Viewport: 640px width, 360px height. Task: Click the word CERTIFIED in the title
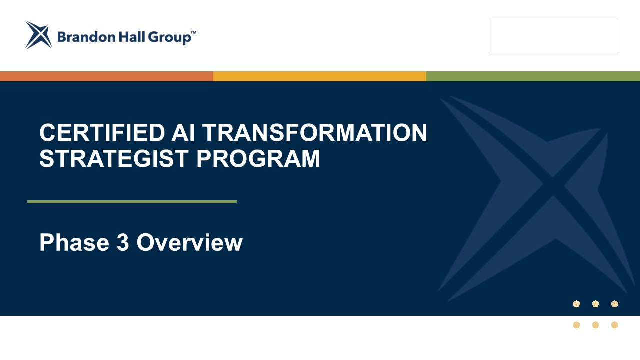102,132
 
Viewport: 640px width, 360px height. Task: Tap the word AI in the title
183,132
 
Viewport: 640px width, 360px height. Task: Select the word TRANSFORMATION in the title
315,132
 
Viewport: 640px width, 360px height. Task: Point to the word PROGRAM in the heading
258,159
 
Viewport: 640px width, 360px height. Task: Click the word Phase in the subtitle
74,242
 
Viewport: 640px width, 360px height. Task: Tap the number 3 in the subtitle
123,242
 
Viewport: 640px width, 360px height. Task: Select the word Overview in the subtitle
190,242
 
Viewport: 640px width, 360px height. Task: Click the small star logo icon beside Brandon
39,35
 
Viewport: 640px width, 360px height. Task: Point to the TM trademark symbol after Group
193,32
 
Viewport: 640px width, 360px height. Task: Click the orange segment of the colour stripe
106,76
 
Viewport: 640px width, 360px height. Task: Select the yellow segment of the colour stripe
320,76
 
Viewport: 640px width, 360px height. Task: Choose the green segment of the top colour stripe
533,76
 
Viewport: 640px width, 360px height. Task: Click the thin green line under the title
132,201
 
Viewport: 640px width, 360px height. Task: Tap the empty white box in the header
553,37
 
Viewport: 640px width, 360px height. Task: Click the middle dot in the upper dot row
595,304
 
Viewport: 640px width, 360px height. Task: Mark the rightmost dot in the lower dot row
615,325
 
